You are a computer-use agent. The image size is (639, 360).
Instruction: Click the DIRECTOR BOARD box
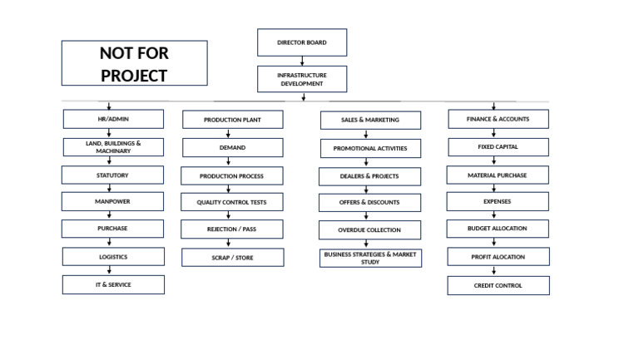[302, 42]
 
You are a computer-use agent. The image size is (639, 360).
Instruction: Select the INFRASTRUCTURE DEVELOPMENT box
[302, 79]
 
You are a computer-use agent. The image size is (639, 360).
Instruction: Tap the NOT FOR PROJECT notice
[134, 63]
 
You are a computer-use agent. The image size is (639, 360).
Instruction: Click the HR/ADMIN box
[113, 119]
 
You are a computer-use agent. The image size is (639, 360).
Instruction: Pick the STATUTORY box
[112, 175]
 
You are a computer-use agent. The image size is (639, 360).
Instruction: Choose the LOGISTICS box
[113, 257]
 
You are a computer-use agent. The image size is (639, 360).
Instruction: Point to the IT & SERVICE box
[113, 284]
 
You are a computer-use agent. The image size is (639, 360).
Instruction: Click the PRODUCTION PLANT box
[232, 120]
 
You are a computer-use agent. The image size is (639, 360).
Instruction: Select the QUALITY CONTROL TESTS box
[232, 202]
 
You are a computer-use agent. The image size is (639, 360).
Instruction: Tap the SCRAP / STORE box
[232, 258]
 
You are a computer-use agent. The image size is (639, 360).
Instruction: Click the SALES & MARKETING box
[370, 120]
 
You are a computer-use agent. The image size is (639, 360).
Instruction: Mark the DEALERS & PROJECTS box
[369, 176]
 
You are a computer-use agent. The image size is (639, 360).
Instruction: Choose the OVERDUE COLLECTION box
[369, 229]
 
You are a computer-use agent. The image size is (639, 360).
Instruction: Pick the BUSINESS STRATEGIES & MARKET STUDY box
[370, 258]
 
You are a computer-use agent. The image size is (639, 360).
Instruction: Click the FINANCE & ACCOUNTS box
[498, 119]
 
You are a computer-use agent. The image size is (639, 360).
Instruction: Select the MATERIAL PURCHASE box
[498, 175]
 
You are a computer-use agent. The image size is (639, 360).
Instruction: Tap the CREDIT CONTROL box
[498, 285]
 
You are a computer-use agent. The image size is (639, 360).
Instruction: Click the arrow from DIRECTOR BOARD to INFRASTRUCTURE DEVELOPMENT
[302, 61]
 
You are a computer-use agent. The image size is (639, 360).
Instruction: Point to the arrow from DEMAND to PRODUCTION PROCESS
[229, 161]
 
